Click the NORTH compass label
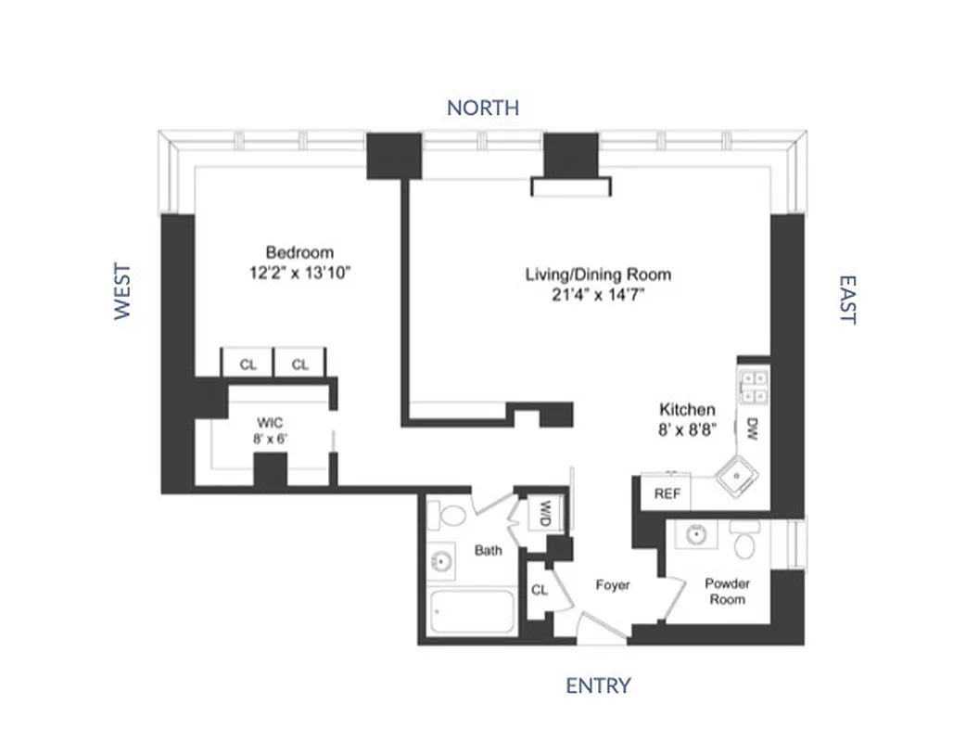482,108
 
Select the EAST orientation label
846,299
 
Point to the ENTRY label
598,685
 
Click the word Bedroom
299,252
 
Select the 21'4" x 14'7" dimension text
598,296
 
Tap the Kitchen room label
687,409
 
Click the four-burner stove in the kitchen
753,386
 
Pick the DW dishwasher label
751,429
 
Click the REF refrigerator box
667,493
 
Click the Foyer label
612,585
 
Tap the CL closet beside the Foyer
540,590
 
